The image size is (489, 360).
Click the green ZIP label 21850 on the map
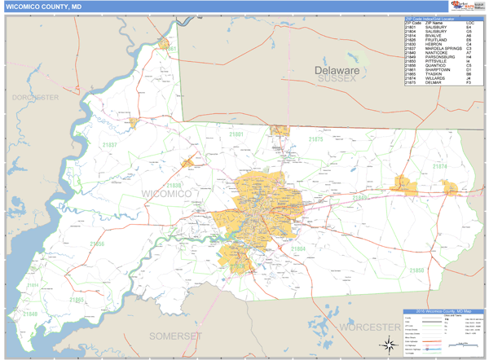416,270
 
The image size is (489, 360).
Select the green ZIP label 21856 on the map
97,244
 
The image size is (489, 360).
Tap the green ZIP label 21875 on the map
315,139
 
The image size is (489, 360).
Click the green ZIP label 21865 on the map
76,301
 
